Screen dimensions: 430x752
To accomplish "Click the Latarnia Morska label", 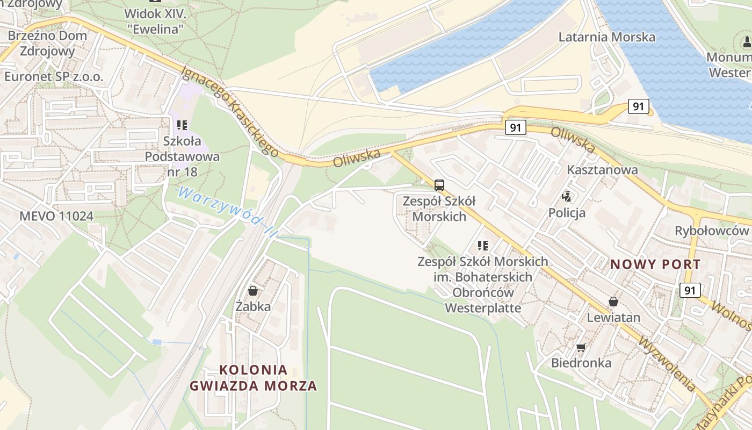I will click(x=607, y=37).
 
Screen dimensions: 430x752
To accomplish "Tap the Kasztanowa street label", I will click(x=603, y=170).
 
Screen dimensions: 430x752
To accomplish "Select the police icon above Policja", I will click(x=566, y=197).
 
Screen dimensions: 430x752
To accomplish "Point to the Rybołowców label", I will click(x=712, y=231).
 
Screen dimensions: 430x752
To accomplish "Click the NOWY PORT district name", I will click(x=655, y=264).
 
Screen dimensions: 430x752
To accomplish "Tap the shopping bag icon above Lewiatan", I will click(x=613, y=302).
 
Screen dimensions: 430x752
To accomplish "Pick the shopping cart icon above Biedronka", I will click(x=581, y=347).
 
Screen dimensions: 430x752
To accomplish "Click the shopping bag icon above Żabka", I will click(x=253, y=291).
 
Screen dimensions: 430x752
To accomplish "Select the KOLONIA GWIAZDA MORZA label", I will click(x=254, y=378).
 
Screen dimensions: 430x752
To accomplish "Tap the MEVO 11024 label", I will click(x=56, y=216).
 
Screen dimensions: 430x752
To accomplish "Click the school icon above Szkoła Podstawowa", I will click(x=182, y=125).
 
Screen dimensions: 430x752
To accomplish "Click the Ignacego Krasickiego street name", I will click(x=229, y=111).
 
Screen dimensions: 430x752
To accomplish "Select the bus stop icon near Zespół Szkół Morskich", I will click(x=439, y=185).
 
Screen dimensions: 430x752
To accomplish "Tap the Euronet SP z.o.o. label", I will click(x=54, y=76).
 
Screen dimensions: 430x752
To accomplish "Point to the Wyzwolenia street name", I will click(x=667, y=363).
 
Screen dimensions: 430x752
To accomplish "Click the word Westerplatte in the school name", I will click(x=483, y=308).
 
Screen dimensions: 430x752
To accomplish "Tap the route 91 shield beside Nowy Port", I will click(x=690, y=290).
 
